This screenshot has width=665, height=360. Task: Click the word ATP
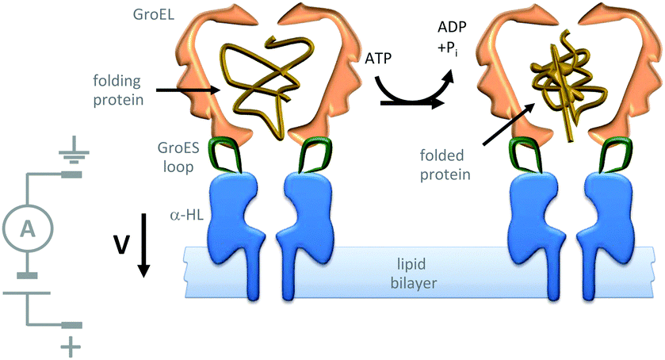pos(381,59)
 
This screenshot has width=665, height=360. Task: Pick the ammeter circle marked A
pos(27,228)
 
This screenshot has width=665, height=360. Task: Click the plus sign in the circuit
pos(72,346)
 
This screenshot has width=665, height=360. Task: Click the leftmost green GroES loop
pos(228,155)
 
